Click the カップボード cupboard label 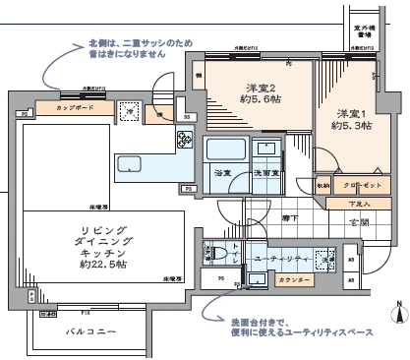point(75,107)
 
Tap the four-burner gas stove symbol point(184,141)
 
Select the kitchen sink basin point(130,165)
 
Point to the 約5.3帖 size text point(351,126)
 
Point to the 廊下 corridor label point(289,218)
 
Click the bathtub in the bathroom point(218,150)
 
